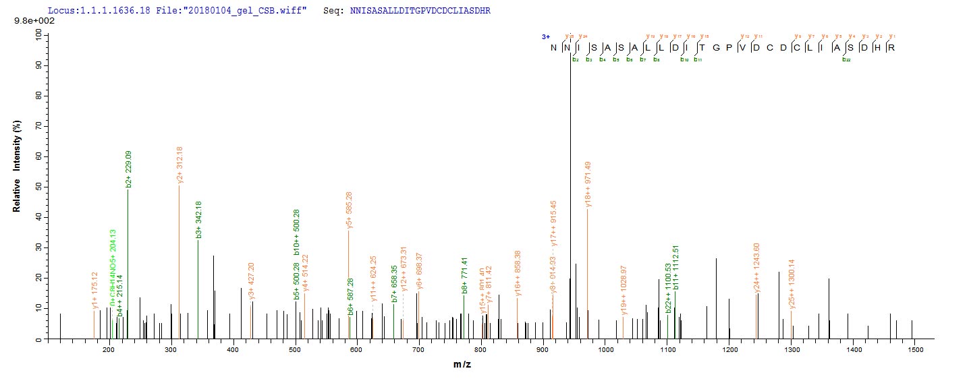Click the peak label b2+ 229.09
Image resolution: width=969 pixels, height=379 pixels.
(x=128, y=169)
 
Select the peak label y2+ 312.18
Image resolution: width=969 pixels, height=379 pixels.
(x=179, y=165)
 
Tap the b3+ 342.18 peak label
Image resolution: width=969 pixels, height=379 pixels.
(x=198, y=220)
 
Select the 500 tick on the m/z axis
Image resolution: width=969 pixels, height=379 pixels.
(x=295, y=350)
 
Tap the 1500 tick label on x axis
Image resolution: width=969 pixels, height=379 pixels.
(x=915, y=350)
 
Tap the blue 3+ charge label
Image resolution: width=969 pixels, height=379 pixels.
(x=545, y=37)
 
